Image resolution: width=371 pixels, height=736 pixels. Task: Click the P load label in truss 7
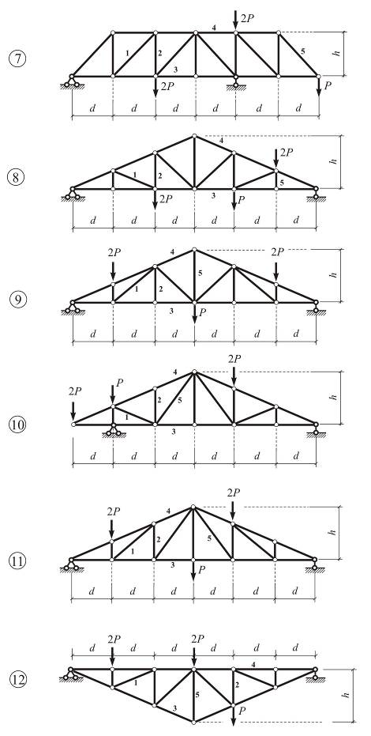click(328, 86)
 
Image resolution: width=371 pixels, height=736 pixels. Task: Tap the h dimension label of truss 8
click(334, 161)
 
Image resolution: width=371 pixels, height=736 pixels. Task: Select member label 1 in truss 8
click(135, 175)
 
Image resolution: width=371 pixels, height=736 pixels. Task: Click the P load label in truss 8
click(241, 200)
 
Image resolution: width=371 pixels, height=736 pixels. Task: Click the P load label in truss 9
click(202, 312)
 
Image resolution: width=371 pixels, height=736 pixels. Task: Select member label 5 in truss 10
click(179, 400)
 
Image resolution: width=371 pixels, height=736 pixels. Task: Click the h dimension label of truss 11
click(334, 532)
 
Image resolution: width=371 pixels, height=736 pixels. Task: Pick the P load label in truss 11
click(202, 569)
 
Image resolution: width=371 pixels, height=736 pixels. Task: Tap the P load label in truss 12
click(242, 711)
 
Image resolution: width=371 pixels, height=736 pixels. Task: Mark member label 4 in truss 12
click(253, 664)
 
